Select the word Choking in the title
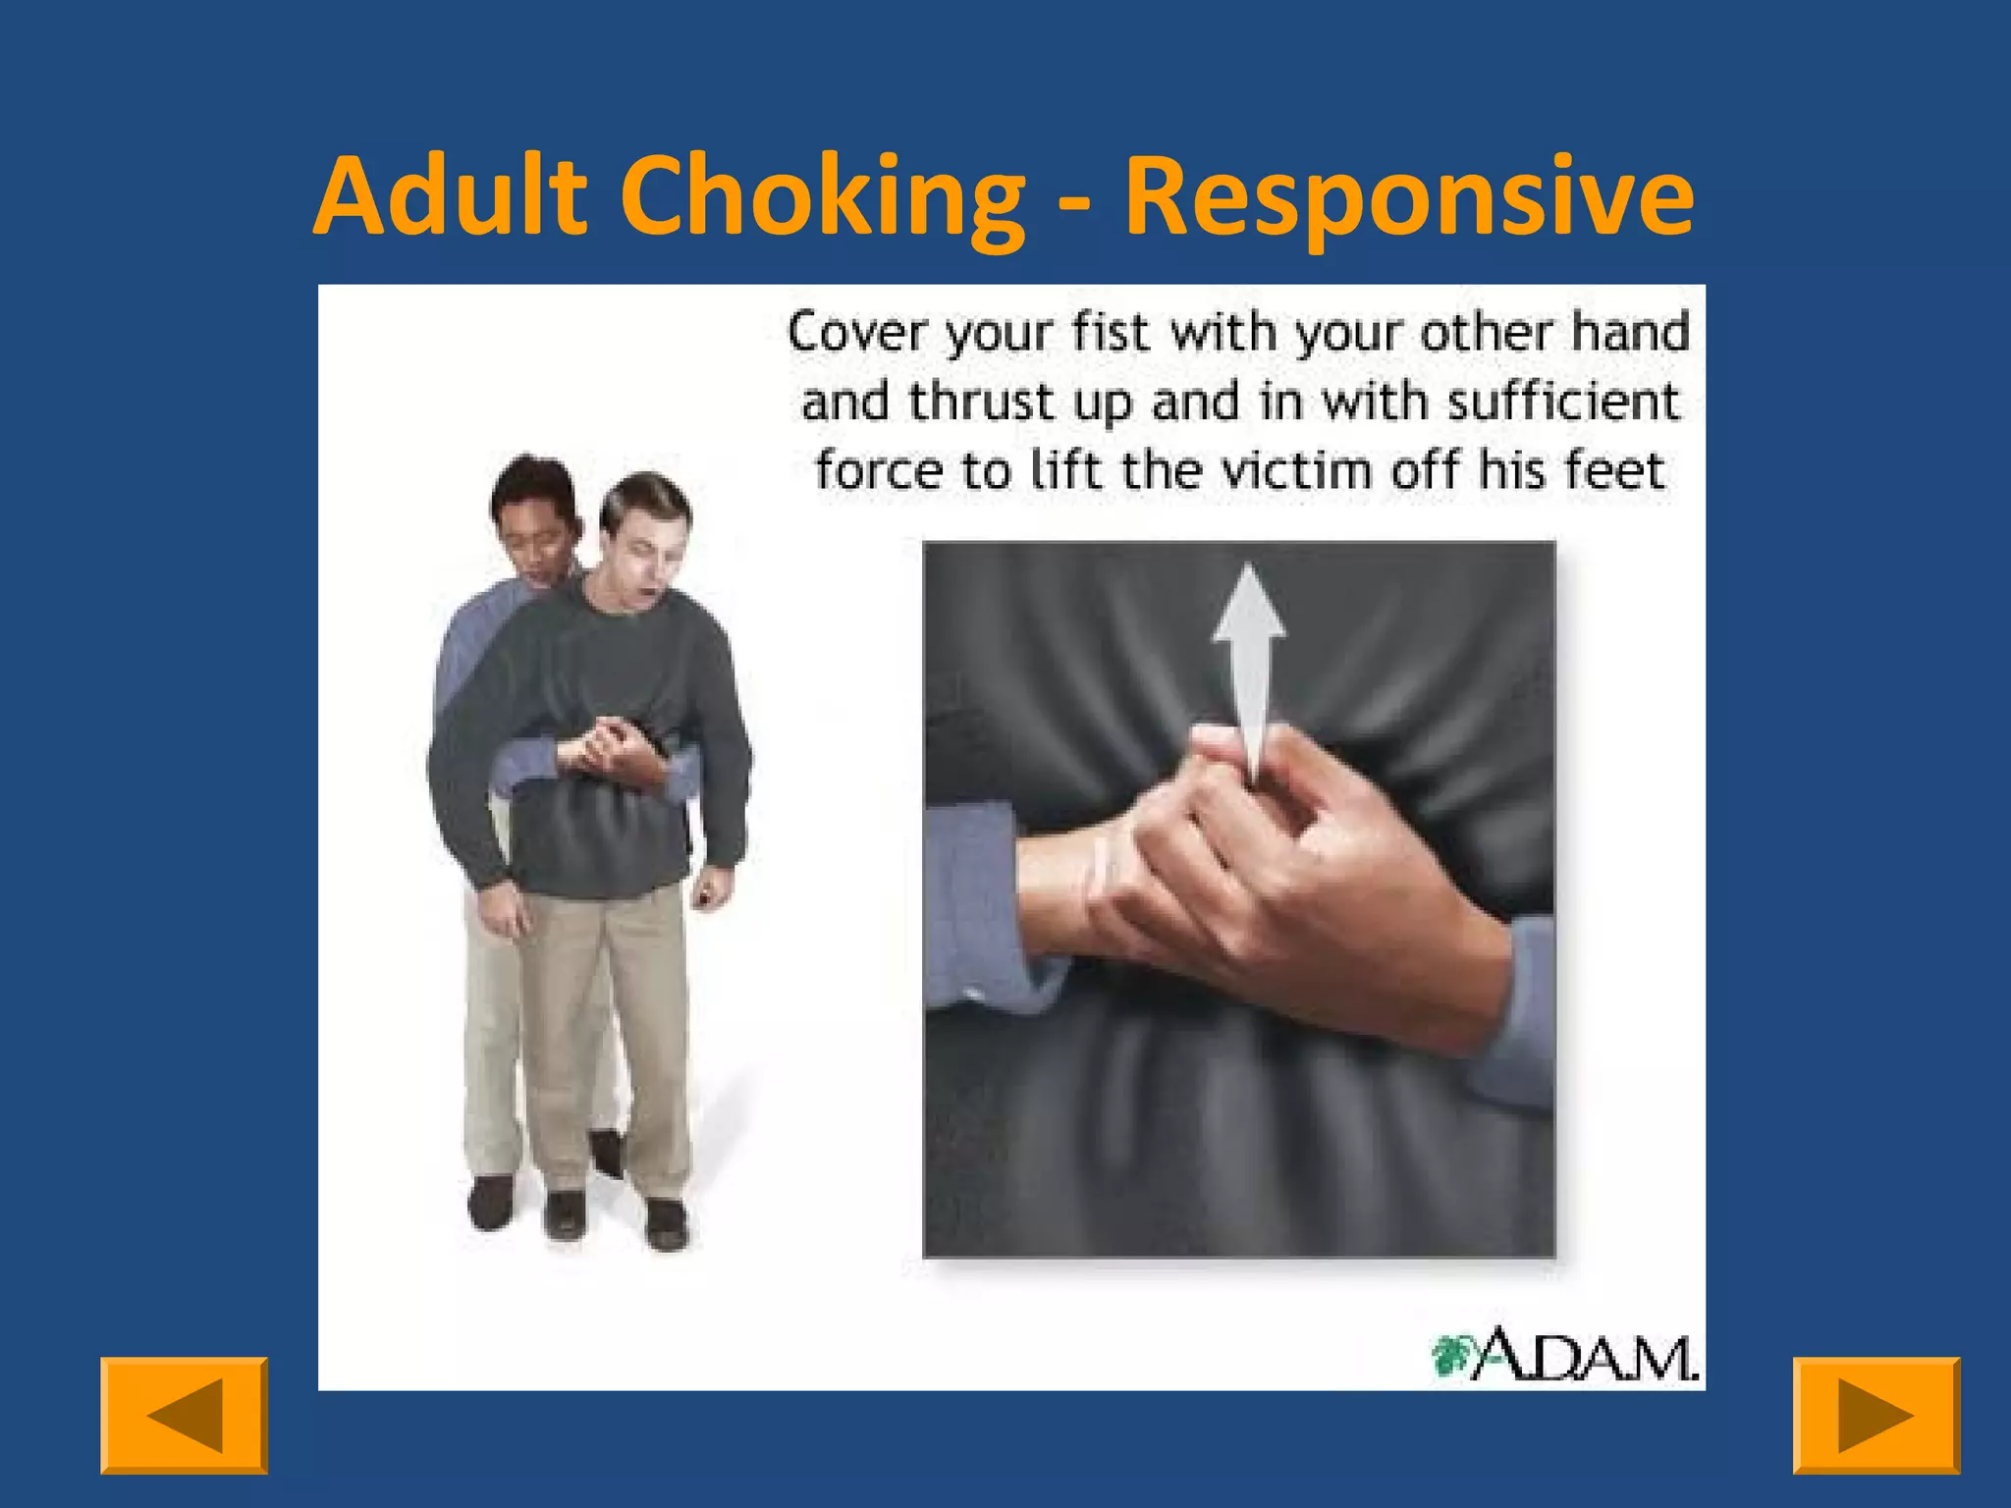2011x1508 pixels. click(x=822, y=197)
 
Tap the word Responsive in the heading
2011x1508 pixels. click(x=1409, y=199)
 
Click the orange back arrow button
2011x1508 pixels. click(x=184, y=1415)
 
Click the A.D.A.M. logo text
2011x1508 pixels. click(x=1585, y=1356)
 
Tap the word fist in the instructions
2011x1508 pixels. click(x=1110, y=332)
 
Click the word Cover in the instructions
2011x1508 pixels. click(x=856, y=333)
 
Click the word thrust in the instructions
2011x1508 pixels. click(x=970, y=402)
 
